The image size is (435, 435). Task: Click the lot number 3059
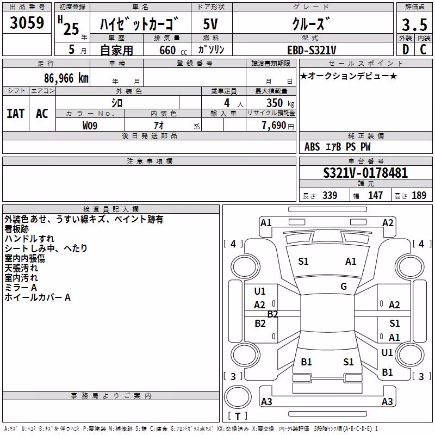(x=27, y=23)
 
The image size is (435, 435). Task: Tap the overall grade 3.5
(x=414, y=24)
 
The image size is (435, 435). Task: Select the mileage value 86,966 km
(x=66, y=78)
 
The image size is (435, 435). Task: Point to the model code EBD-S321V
(x=312, y=50)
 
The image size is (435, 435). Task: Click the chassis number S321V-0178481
(x=365, y=173)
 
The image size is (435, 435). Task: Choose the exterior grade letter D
(x=406, y=49)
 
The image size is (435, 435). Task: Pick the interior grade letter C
(x=423, y=49)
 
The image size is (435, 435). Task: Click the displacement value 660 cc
(x=173, y=50)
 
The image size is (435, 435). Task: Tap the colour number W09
(x=90, y=126)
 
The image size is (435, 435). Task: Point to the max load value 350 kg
(x=280, y=103)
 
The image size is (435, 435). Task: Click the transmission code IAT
(x=16, y=114)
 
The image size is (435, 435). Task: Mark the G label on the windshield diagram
(x=344, y=287)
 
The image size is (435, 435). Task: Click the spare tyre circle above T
(x=238, y=397)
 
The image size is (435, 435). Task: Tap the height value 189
(x=419, y=195)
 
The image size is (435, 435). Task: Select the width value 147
(x=375, y=195)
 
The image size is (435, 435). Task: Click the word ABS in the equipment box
(x=312, y=147)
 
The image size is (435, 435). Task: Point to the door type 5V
(x=210, y=24)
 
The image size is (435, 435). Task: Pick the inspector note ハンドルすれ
(x=29, y=239)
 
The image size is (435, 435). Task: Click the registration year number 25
(x=71, y=29)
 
